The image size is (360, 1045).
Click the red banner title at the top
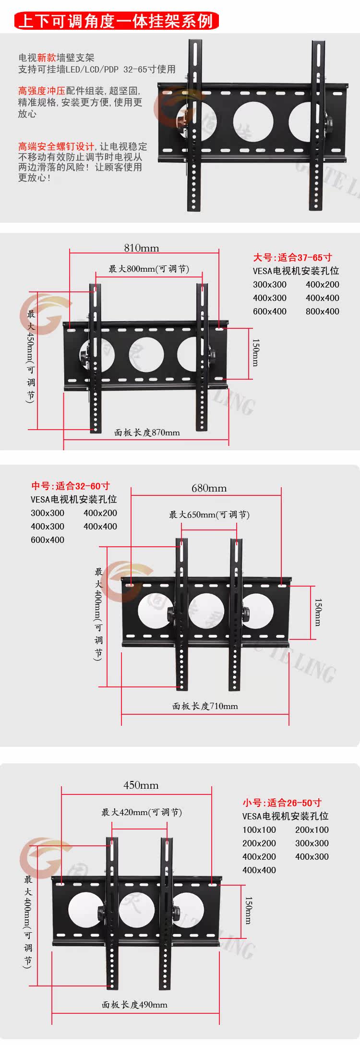pos(117,21)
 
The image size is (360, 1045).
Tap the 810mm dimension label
pos(141,248)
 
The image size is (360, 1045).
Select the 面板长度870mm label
pos(147,432)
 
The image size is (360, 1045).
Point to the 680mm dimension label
pos(209,488)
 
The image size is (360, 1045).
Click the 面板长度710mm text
pos(205,706)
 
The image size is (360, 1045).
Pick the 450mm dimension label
pos(141,785)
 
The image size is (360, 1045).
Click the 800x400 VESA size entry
pos(322,312)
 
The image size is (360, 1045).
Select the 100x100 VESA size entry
pos(259,830)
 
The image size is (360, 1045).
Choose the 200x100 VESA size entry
pos(312,830)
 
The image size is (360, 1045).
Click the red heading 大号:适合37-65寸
pos(292,258)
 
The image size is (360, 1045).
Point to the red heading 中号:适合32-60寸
pos(71,486)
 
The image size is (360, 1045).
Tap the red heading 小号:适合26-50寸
pos(282,803)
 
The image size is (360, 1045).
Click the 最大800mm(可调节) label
pos(149,269)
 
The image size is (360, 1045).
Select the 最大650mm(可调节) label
pos(209,515)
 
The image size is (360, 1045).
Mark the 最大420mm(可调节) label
pos(142,812)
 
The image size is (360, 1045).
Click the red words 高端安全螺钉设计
pos(56,146)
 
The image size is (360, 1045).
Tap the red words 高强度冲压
pos(41,91)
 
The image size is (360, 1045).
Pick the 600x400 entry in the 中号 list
pos(48,540)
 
